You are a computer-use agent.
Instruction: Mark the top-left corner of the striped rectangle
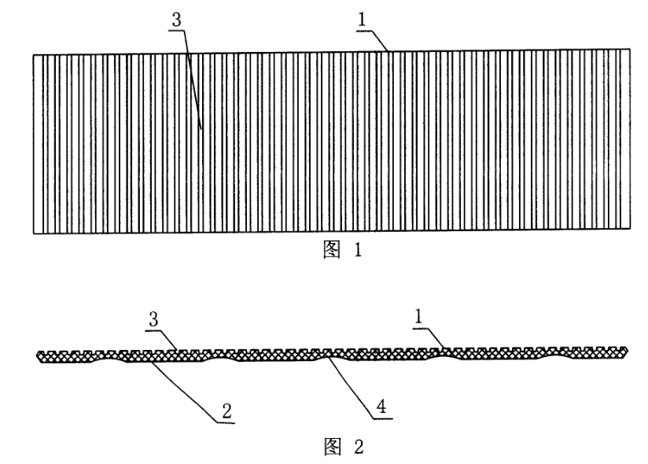pyautogui.click(x=33, y=54)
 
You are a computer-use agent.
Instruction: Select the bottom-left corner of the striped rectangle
pyautogui.click(x=33, y=234)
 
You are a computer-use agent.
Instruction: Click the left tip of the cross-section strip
pyautogui.click(x=37, y=359)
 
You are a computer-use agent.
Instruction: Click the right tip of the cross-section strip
pyautogui.click(x=628, y=349)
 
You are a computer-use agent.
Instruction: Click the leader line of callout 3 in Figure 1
pyautogui.click(x=193, y=79)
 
